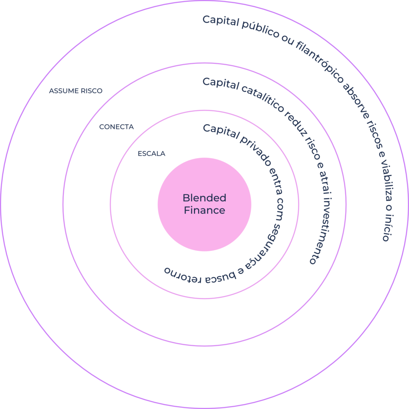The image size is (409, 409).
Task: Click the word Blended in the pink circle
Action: coord(204,198)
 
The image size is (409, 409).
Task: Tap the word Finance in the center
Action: coord(204,210)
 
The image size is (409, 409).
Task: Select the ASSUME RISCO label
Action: coord(75,91)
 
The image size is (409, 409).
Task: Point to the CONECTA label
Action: coord(116,127)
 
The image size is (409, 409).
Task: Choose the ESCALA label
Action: coord(151,153)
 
